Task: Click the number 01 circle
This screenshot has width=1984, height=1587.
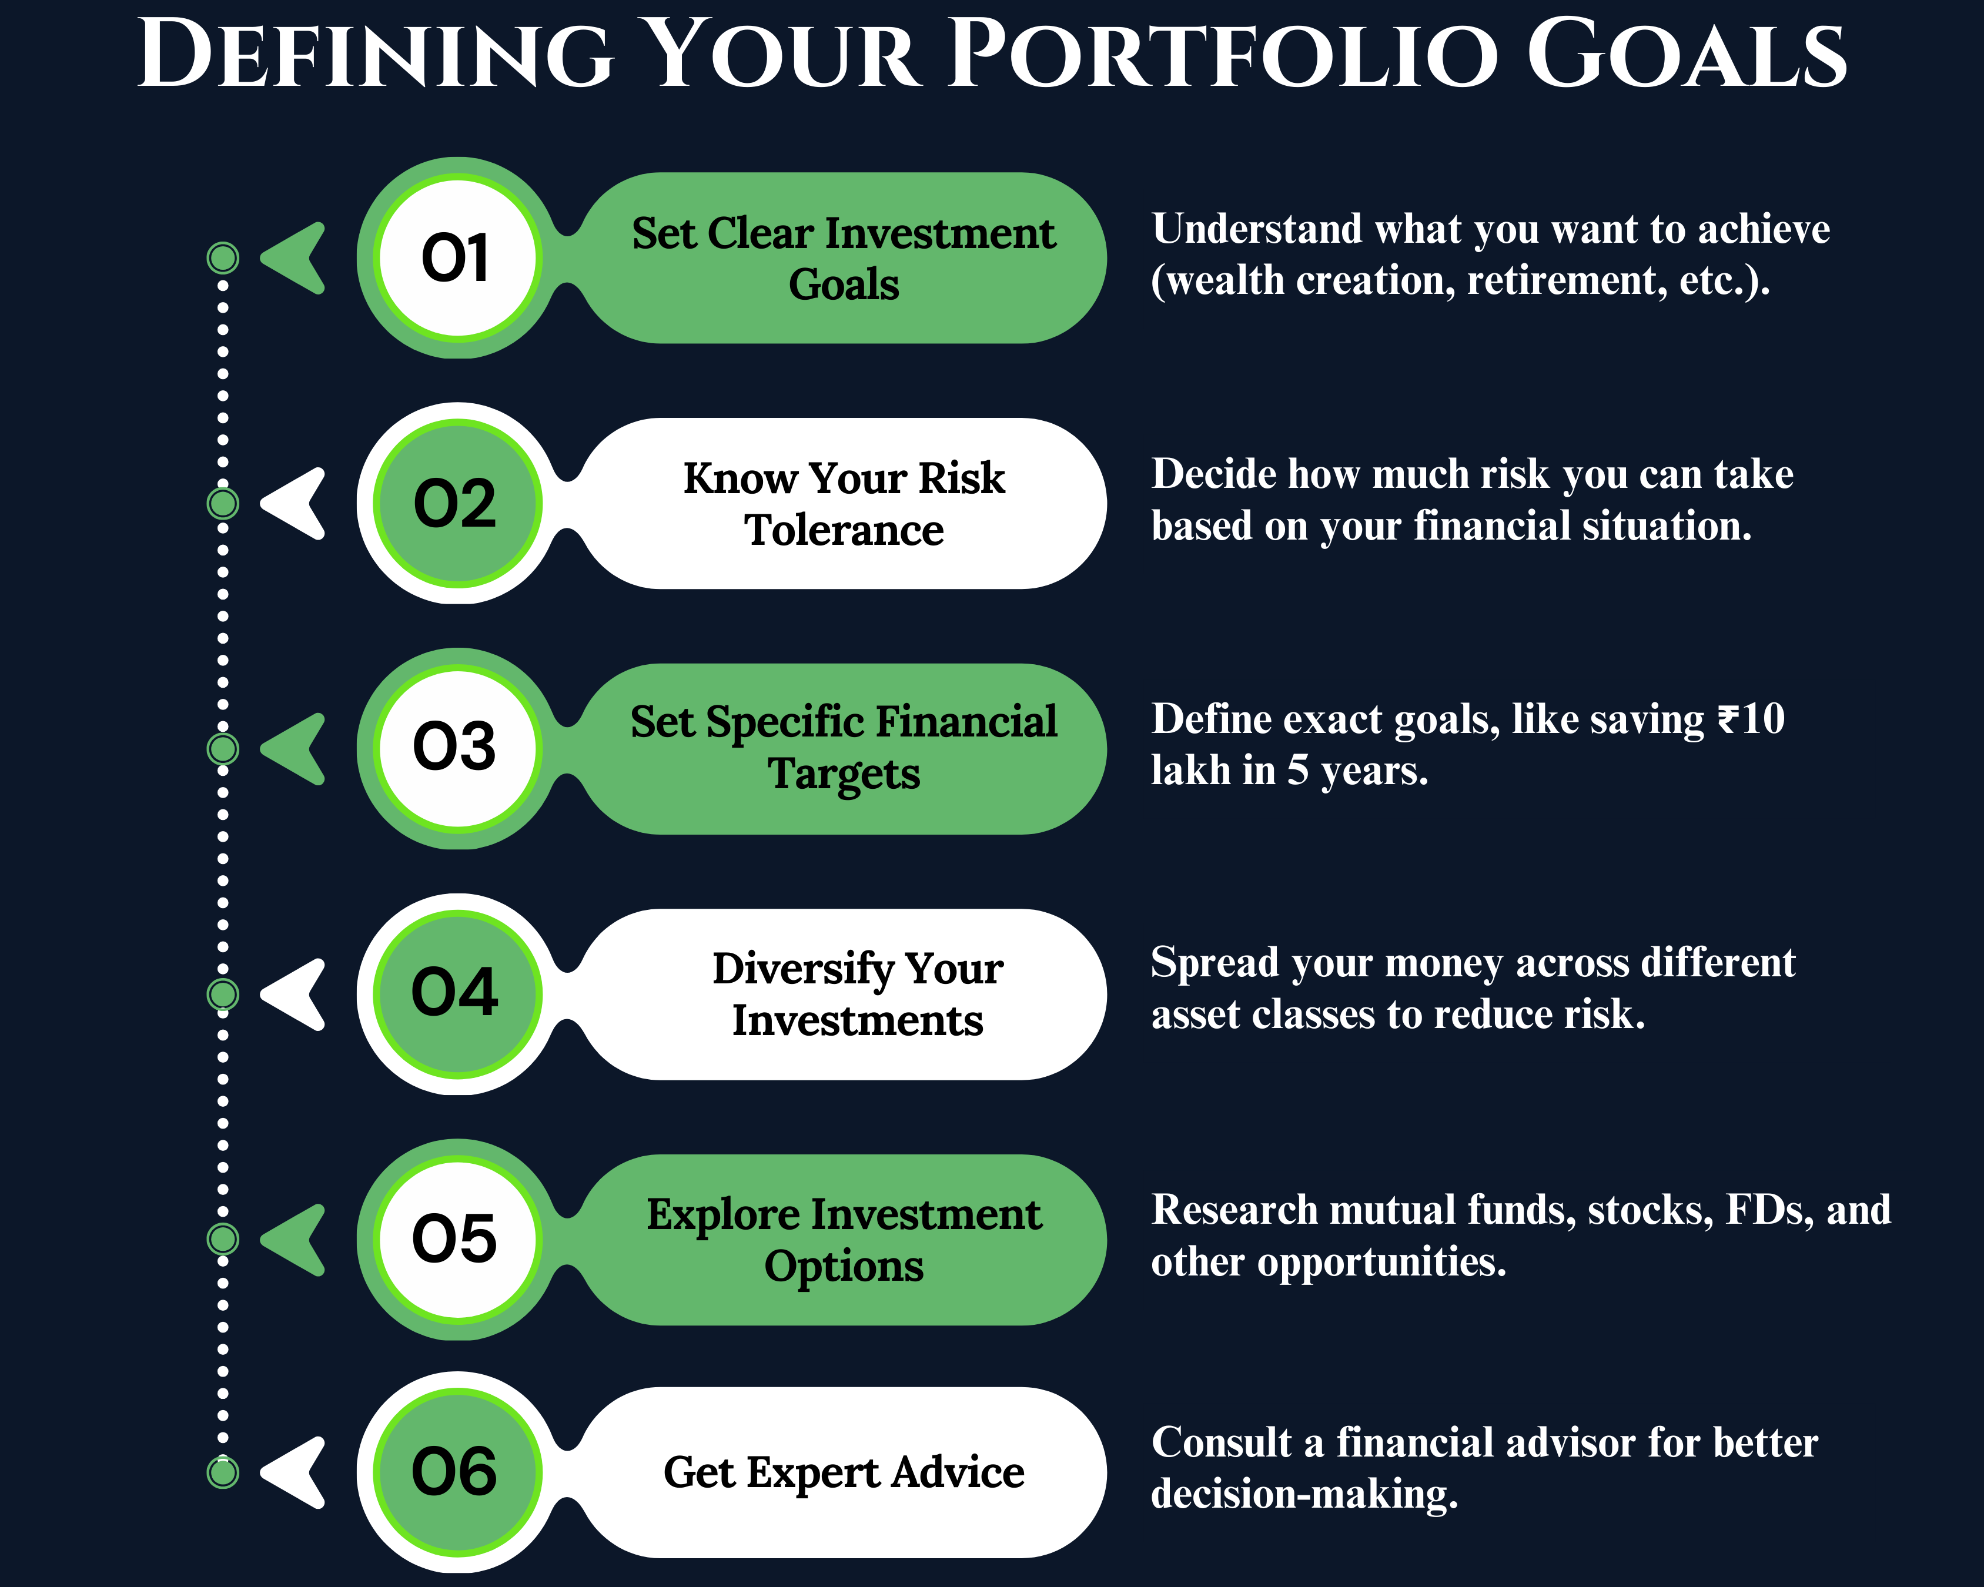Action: click(x=457, y=257)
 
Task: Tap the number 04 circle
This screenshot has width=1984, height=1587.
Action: click(x=457, y=993)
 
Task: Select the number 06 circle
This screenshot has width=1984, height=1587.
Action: click(x=457, y=1472)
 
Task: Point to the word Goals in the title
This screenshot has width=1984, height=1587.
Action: click(x=1687, y=55)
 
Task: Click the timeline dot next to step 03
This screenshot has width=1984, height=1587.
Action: click(x=223, y=749)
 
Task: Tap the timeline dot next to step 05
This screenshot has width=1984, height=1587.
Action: click(x=223, y=1239)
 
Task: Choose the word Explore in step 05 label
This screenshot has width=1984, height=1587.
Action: click(x=723, y=1216)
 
